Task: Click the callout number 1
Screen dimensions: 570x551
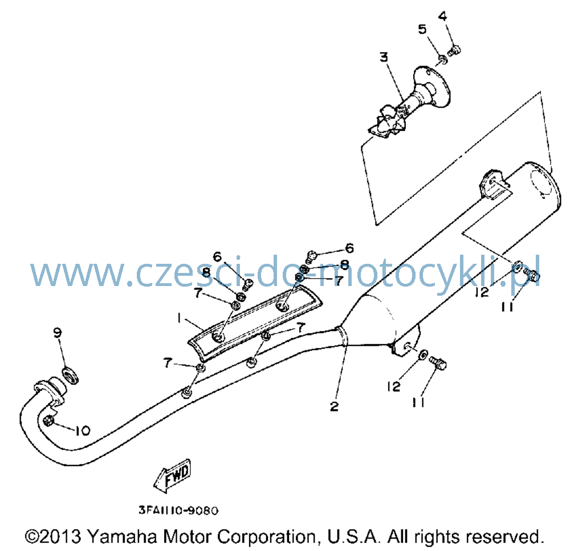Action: (179, 319)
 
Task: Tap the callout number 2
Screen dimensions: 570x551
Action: (334, 406)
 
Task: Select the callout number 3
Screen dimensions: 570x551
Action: (384, 58)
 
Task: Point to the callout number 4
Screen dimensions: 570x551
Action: (442, 17)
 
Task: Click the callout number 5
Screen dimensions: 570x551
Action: (422, 29)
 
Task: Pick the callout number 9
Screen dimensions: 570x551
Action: (58, 333)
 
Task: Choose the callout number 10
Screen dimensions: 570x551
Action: (83, 431)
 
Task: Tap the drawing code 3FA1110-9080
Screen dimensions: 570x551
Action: (178, 511)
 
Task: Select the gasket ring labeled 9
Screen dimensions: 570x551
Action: (71, 375)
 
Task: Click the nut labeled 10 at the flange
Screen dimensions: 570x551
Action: (48, 421)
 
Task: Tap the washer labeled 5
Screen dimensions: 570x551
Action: (442, 59)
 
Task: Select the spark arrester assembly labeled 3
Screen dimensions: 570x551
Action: (411, 103)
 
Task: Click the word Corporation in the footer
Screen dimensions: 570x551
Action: (267, 537)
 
